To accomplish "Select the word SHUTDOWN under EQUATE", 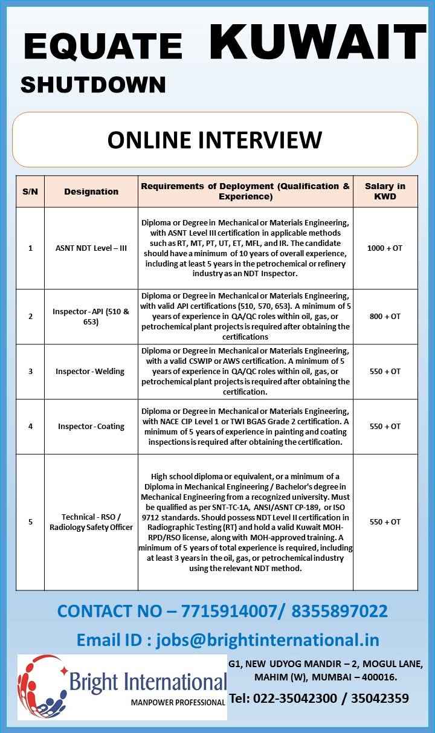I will pos(93,85).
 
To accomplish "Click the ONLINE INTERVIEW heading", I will pos(214,140).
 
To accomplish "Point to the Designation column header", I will pos(91,192).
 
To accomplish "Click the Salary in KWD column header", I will pos(385,192).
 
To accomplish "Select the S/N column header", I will pos(30,192).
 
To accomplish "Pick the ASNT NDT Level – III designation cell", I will pos(91,248).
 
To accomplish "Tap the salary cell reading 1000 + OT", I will pos(385,248).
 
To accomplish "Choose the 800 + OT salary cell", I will pos(385,316).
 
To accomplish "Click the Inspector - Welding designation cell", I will pos(91,371).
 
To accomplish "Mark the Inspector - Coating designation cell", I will pos(91,426).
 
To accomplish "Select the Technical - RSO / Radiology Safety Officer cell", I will pos(91,521).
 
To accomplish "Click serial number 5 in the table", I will pos(30,521).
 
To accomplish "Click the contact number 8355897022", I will pos(340,611).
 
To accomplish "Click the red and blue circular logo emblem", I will pos(42,686).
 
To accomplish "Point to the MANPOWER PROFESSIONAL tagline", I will pos(178,703).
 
